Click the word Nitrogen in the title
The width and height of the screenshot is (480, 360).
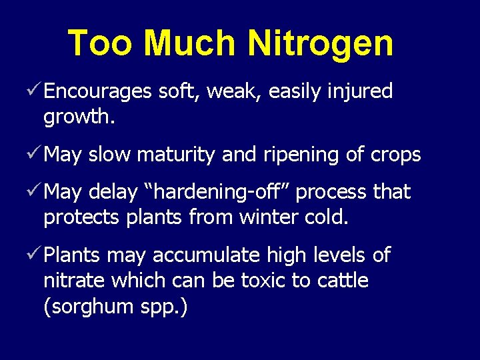(x=321, y=44)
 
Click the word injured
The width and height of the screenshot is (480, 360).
(x=360, y=92)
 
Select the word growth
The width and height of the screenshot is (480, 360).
(x=79, y=118)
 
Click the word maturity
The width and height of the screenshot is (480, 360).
(x=175, y=155)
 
